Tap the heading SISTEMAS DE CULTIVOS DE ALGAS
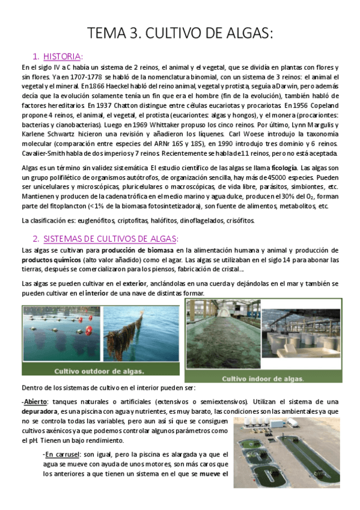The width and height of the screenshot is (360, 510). click(x=111, y=238)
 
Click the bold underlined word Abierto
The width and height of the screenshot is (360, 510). click(x=36, y=401)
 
